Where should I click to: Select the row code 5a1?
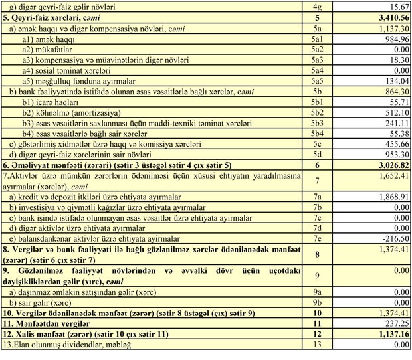(x=317, y=39)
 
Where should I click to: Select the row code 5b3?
(x=317, y=124)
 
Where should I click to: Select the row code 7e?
(x=317, y=239)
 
